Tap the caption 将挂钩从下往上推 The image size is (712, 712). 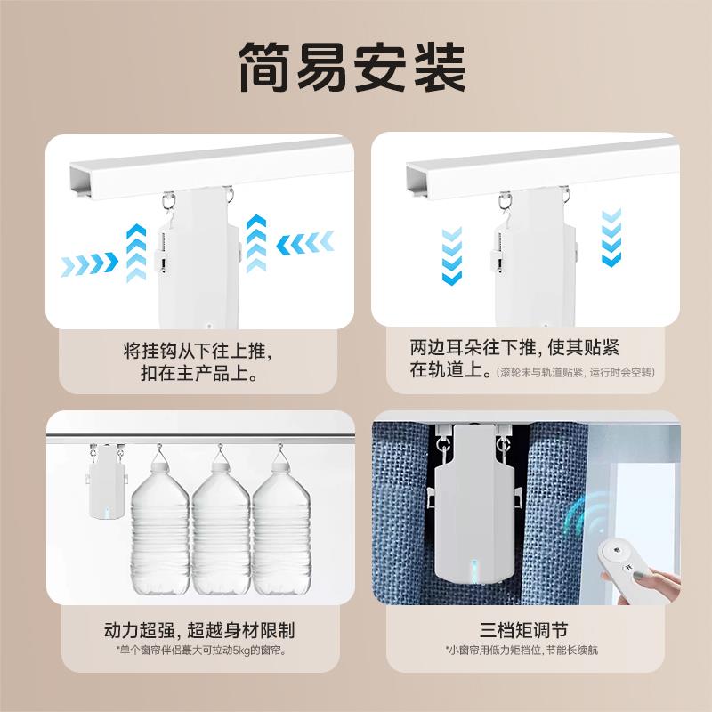click(191, 351)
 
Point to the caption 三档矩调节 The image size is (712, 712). click(522, 631)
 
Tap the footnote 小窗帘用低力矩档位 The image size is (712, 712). click(522, 652)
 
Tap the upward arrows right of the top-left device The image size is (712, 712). click(257, 243)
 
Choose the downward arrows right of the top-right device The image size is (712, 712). click(611, 239)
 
